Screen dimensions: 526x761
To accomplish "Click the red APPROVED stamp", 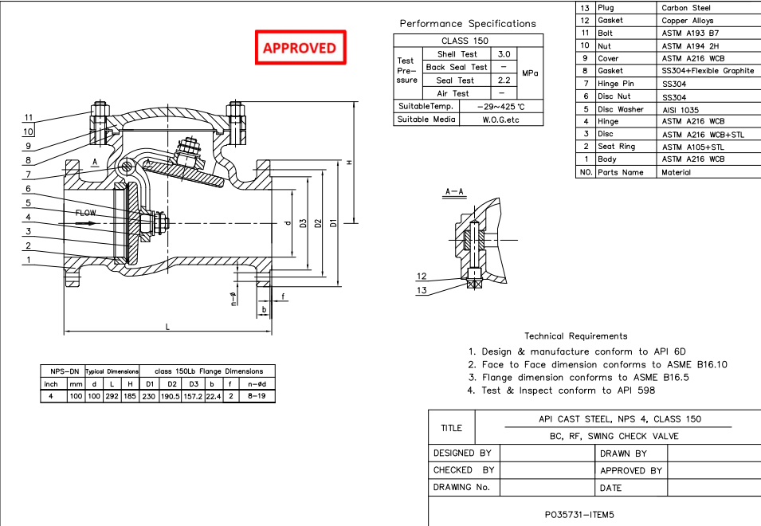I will pyautogui.click(x=300, y=48).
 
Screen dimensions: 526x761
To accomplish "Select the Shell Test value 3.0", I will pyautogui.click(x=504, y=54).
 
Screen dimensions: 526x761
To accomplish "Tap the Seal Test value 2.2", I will pyautogui.click(x=504, y=80).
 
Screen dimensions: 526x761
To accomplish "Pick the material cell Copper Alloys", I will pyautogui.click(x=688, y=21).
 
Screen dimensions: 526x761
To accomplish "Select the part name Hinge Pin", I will pyautogui.click(x=616, y=84).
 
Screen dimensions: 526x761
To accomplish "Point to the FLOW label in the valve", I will pyautogui.click(x=86, y=213).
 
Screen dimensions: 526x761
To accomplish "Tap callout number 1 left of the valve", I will pyautogui.click(x=29, y=260).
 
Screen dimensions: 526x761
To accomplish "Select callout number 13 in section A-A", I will pyautogui.click(x=422, y=290).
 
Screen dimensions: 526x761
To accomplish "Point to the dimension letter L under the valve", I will pyautogui.click(x=167, y=328).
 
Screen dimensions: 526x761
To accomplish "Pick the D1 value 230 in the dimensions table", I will pyautogui.click(x=148, y=396).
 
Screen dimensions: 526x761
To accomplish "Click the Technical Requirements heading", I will pyautogui.click(x=575, y=336).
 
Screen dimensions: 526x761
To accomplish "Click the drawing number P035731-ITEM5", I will pyautogui.click(x=579, y=515).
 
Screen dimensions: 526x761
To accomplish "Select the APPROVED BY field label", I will pyautogui.click(x=631, y=470).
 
